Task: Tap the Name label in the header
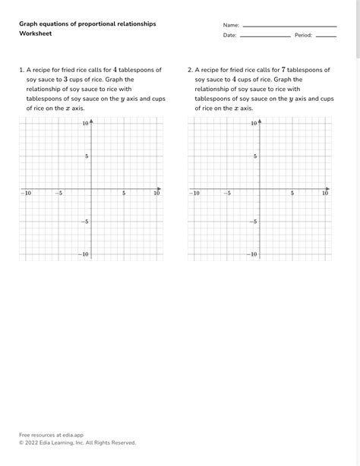click(230, 25)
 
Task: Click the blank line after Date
click(265, 36)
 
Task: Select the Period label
click(303, 36)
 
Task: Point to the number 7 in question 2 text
click(283, 70)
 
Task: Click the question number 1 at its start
click(21, 70)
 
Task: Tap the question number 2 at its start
click(190, 70)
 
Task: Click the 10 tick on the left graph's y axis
click(86, 123)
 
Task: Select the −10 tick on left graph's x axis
click(26, 194)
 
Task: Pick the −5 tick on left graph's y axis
click(85, 222)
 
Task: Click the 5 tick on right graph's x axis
click(292, 194)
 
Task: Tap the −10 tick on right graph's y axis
click(253, 254)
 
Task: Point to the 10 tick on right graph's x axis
click(325, 194)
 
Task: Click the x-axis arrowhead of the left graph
click(159, 188)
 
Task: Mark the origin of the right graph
click(260, 188)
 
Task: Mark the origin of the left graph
click(91, 188)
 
